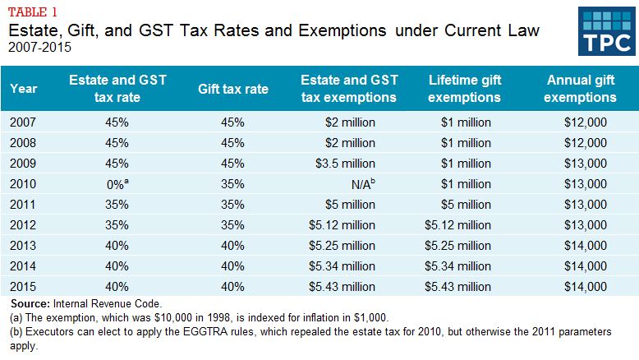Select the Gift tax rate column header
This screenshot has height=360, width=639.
tap(233, 89)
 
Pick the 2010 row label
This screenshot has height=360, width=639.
tap(24, 183)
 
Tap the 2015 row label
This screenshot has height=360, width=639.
tap(24, 286)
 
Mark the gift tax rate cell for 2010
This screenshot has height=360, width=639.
tap(233, 183)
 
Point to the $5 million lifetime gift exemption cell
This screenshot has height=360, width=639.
tap(465, 204)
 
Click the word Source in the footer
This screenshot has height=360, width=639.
tap(30, 304)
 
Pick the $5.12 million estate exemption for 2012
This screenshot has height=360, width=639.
tap(349, 224)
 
